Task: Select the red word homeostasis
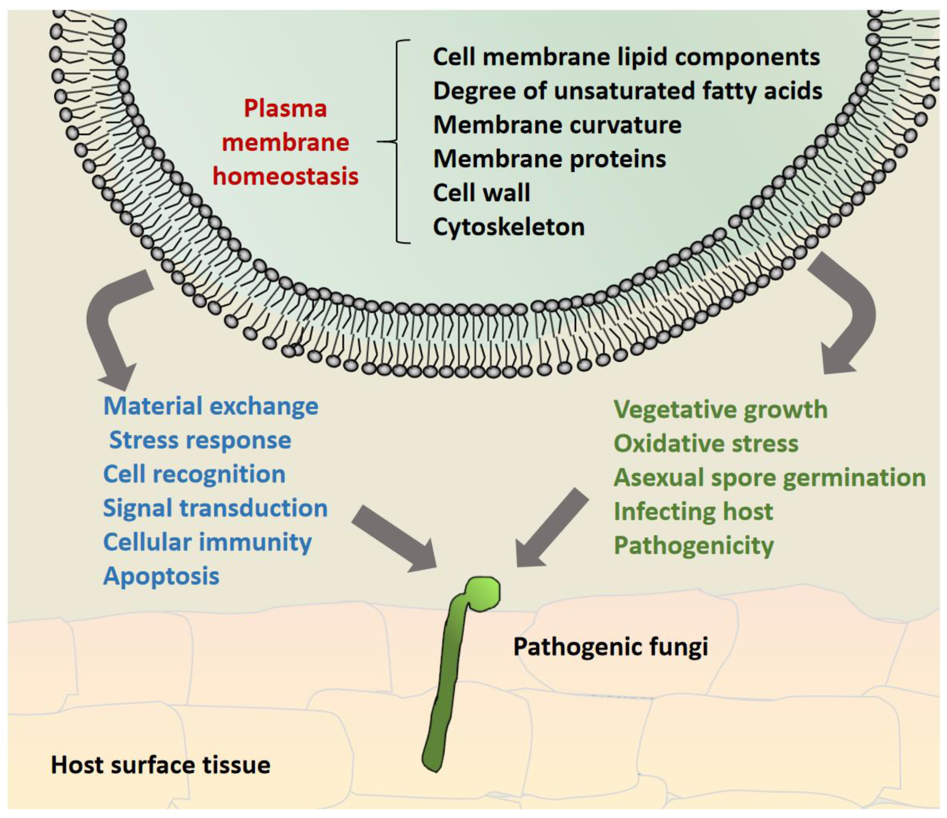(x=286, y=176)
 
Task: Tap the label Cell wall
(x=481, y=192)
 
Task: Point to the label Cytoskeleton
(x=509, y=227)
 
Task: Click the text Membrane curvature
(x=557, y=125)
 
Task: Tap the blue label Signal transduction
(x=215, y=508)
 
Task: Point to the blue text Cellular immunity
(x=207, y=542)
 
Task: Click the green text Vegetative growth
(x=720, y=410)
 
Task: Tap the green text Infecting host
(x=693, y=511)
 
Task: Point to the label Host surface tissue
(x=160, y=765)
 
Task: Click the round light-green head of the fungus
(x=483, y=593)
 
